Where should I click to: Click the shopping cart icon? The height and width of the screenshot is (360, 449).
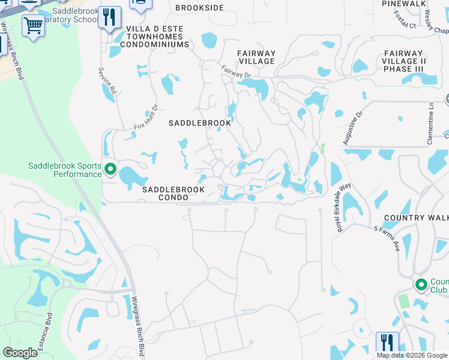pos(33,25)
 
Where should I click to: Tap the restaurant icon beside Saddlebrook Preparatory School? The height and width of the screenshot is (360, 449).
pos(109,18)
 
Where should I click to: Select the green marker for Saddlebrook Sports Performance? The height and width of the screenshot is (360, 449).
pos(110,170)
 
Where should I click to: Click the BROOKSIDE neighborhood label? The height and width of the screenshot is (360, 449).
pos(199,8)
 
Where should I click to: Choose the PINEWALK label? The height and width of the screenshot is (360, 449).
pos(403,4)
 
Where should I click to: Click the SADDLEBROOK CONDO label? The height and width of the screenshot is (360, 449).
pos(173,193)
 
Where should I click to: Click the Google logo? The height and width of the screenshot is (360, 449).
pos(20,353)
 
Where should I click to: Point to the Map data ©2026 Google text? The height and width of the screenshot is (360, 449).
pos(412,355)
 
